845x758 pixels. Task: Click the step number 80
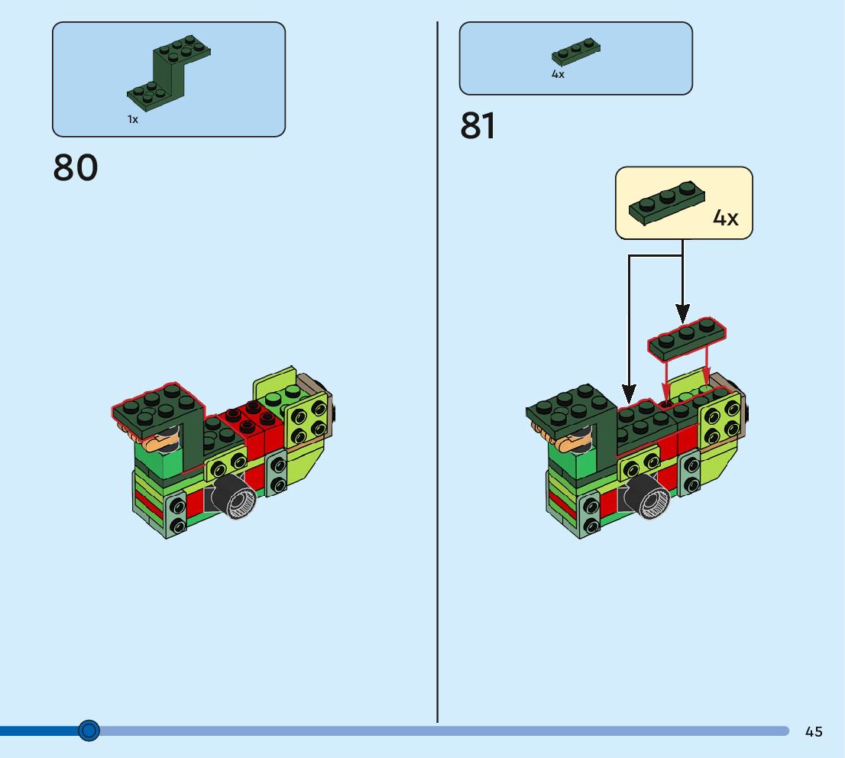pos(76,167)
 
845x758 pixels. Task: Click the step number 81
pos(478,127)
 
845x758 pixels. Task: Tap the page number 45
pos(814,731)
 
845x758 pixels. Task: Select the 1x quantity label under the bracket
pos(133,119)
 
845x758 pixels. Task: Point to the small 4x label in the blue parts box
pos(558,74)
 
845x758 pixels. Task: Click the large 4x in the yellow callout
pos(725,218)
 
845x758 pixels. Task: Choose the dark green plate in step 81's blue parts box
pos(576,51)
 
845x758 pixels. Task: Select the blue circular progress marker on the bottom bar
pos(89,731)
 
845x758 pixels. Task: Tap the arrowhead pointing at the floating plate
pos(682,313)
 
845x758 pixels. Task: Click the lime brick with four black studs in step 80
pos(309,421)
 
